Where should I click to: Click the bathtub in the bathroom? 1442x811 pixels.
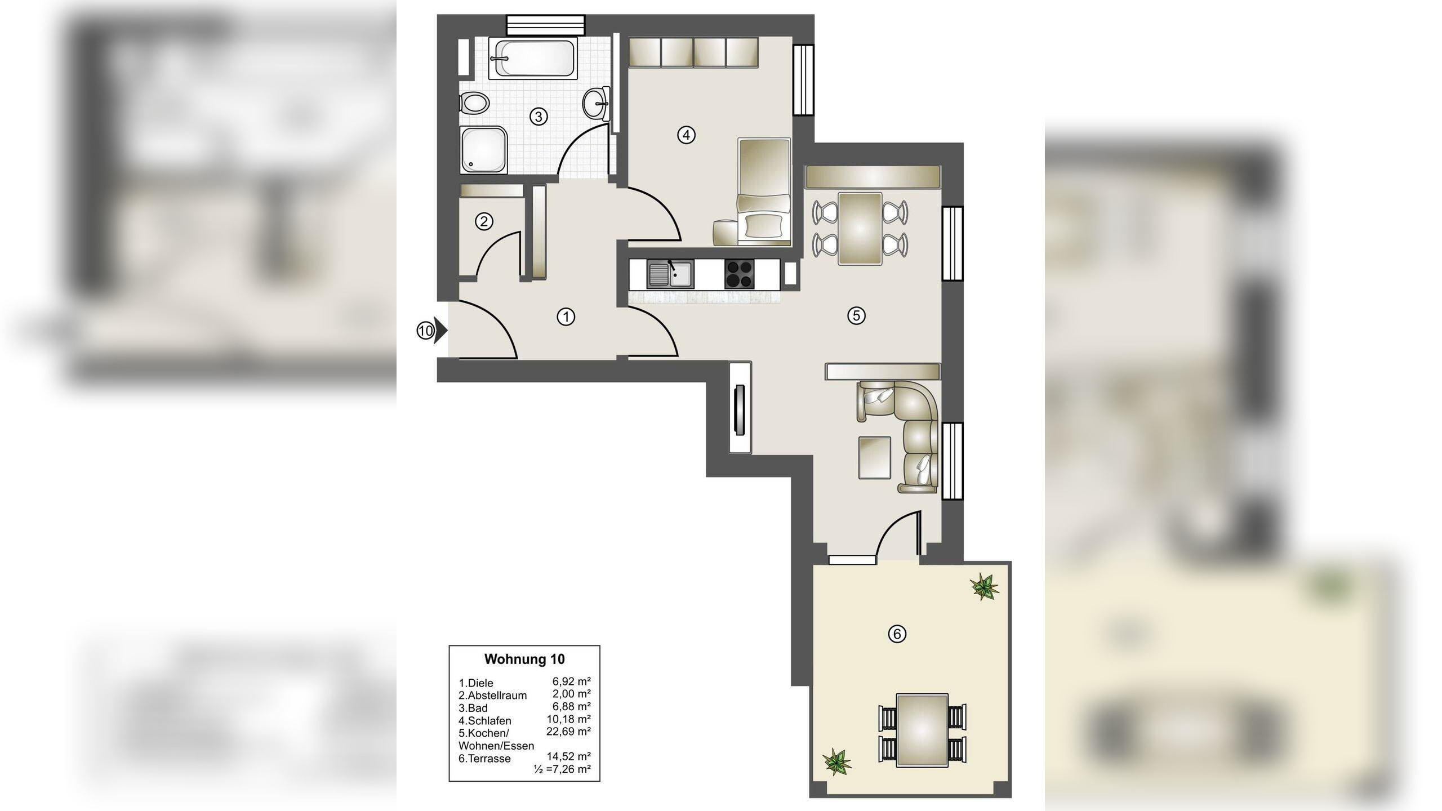pos(532,58)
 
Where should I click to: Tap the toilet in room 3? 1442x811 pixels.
pos(474,104)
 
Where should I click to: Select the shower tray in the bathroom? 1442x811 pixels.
pos(483,149)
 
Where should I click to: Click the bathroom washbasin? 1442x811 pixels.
pos(596,104)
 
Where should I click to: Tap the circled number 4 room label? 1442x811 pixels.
pos(686,135)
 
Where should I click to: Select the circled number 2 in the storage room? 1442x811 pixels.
pos(484,221)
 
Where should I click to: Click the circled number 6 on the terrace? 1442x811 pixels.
pos(897,634)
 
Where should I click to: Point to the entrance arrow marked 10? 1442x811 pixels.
pos(432,331)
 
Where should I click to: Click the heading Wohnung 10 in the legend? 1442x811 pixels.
pos(524,659)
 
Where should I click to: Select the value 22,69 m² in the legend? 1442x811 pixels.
pos(568,732)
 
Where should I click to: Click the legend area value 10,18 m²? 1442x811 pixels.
pos(568,719)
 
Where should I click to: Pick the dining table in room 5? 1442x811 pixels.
pos(860,228)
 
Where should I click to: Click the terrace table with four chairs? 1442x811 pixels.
pos(922,730)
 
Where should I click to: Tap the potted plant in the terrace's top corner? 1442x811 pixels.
pos(984,586)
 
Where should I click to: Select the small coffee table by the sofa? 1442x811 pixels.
pos(874,457)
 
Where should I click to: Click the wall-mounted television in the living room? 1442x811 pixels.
pos(740,409)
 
